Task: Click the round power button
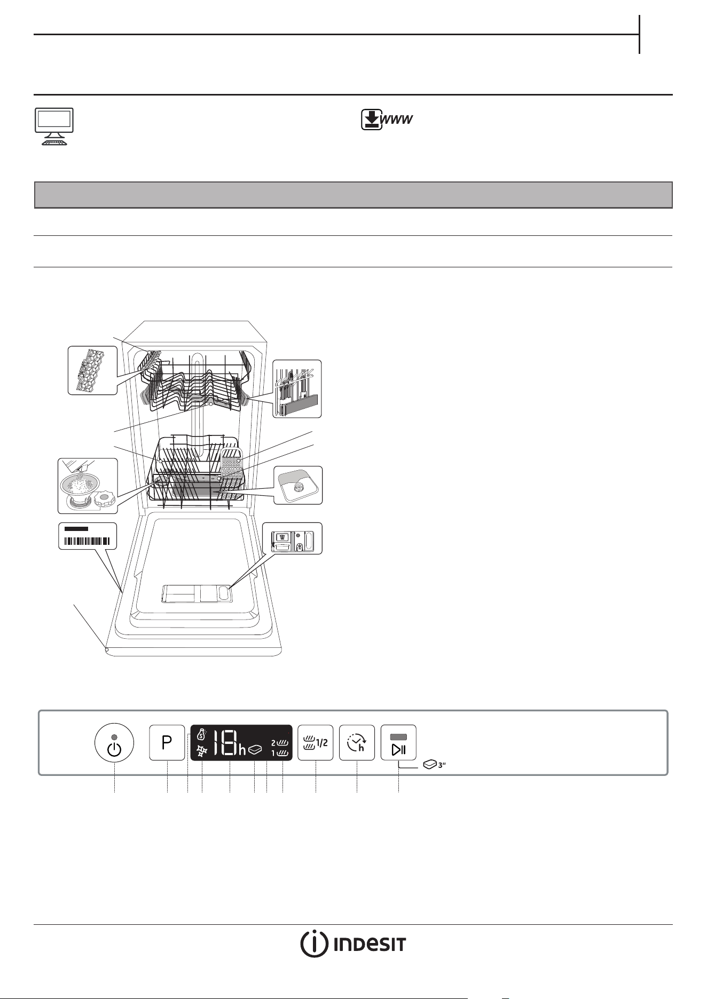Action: click(x=114, y=743)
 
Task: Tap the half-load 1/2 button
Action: click(x=315, y=742)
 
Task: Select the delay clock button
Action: click(x=357, y=742)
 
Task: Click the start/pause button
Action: click(x=398, y=742)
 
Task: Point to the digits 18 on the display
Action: click(x=225, y=743)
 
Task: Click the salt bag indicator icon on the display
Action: click(x=201, y=735)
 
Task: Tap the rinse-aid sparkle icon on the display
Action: click(x=202, y=750)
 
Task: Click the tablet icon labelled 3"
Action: click(x=434, y=765)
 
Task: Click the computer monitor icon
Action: click(x=54, y=126)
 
